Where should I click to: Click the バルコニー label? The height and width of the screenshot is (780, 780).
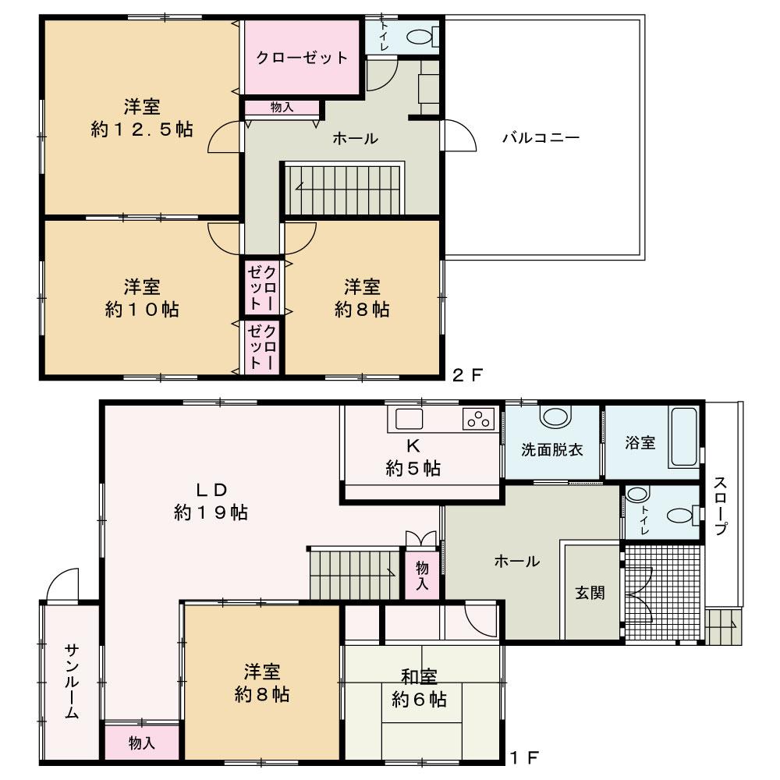click(x=541, y=137)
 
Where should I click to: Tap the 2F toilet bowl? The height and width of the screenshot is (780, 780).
click(x=422, y=37)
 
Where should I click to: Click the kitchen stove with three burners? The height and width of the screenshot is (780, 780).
click(x=479, y=419)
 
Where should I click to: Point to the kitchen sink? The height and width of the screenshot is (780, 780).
click(x=409, y=419)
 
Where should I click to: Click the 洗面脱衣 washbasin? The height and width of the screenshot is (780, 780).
click(x=555, y=417)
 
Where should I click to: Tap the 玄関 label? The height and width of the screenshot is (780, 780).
click(x=590, y=593)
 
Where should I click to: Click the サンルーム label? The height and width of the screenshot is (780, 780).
click(x=72, y=682)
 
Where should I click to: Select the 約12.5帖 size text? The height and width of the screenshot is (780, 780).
click(x=142, y=129)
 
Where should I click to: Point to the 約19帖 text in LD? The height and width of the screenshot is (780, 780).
click(x=211, y=512)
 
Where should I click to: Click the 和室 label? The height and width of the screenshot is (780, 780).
click(x=419, y=677)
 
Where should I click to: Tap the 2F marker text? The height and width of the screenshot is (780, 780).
click(x=467, y=374)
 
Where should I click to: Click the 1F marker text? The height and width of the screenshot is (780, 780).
click(x=525, y=757)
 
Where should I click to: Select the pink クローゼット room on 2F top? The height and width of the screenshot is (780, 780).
click(x=302, y=57)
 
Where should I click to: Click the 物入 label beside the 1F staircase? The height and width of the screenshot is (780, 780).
click(x=422, y=576)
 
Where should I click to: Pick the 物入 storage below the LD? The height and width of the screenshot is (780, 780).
click(x=142, y=743)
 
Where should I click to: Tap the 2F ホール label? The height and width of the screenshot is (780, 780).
click(x=355, y=138)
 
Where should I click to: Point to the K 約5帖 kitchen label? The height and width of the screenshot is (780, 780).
click(x=413, y=457)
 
